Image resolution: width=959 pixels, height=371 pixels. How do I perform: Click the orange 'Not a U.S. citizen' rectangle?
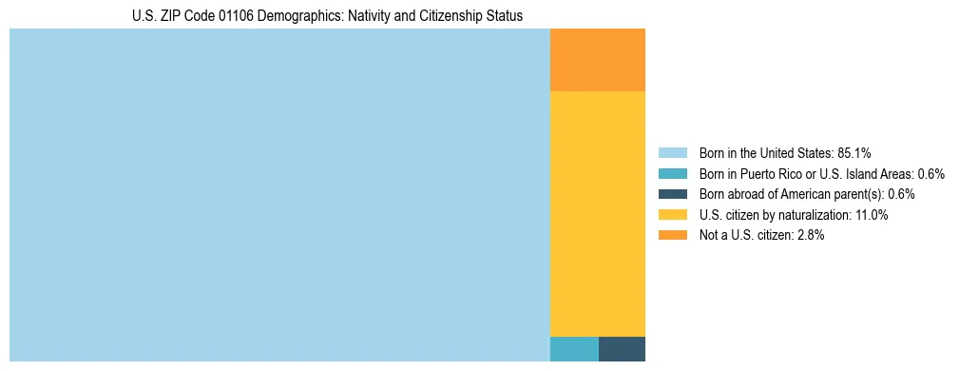(x=598, y=60)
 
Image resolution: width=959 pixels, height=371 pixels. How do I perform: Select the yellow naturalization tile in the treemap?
(x=598, y=213)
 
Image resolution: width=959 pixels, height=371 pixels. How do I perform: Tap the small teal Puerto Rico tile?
(x=574, y=349)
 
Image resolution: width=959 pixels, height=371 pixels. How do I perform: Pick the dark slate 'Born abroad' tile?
(x=623, y=349)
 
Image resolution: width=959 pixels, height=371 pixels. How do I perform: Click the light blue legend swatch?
(x=672, y=152)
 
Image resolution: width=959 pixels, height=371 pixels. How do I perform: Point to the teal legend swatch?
(x=672, y=173)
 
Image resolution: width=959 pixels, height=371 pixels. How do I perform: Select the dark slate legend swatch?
(x=672, y=194)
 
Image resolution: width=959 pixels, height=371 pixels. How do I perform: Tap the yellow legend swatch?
(x=672, y=215)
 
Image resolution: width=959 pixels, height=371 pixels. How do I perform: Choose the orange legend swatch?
(x=672, y=235)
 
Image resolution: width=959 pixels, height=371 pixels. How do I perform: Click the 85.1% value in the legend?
(x=854, y=152)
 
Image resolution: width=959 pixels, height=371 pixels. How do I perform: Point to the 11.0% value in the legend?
(x=871, y=215)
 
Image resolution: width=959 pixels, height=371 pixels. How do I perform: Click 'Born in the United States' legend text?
(x=765, y=152)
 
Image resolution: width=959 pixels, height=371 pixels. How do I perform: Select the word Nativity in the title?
(x=379, y=16)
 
